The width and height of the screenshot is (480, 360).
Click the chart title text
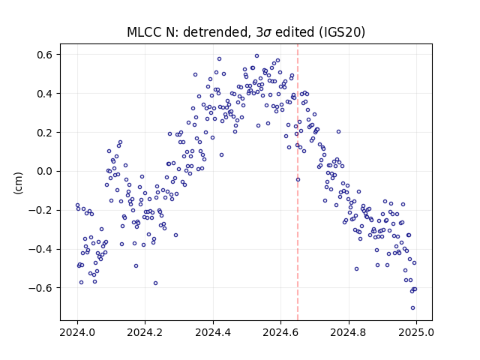point(246,32)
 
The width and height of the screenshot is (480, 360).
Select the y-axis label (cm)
point(18,183)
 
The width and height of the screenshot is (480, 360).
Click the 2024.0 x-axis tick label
point(77,332)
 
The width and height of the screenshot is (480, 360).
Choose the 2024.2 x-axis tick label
point(145,332)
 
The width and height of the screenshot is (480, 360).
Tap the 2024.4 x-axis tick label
point(213,332)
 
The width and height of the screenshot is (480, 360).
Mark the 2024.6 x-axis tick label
point(280,332)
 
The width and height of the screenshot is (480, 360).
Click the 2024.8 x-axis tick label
point(348,332)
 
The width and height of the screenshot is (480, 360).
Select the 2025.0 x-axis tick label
point(416,332)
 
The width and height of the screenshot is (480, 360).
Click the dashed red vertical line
point(298,182)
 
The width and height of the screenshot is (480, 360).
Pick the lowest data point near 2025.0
point(412,307)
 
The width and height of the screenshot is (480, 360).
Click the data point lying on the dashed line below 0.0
point(298,179)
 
